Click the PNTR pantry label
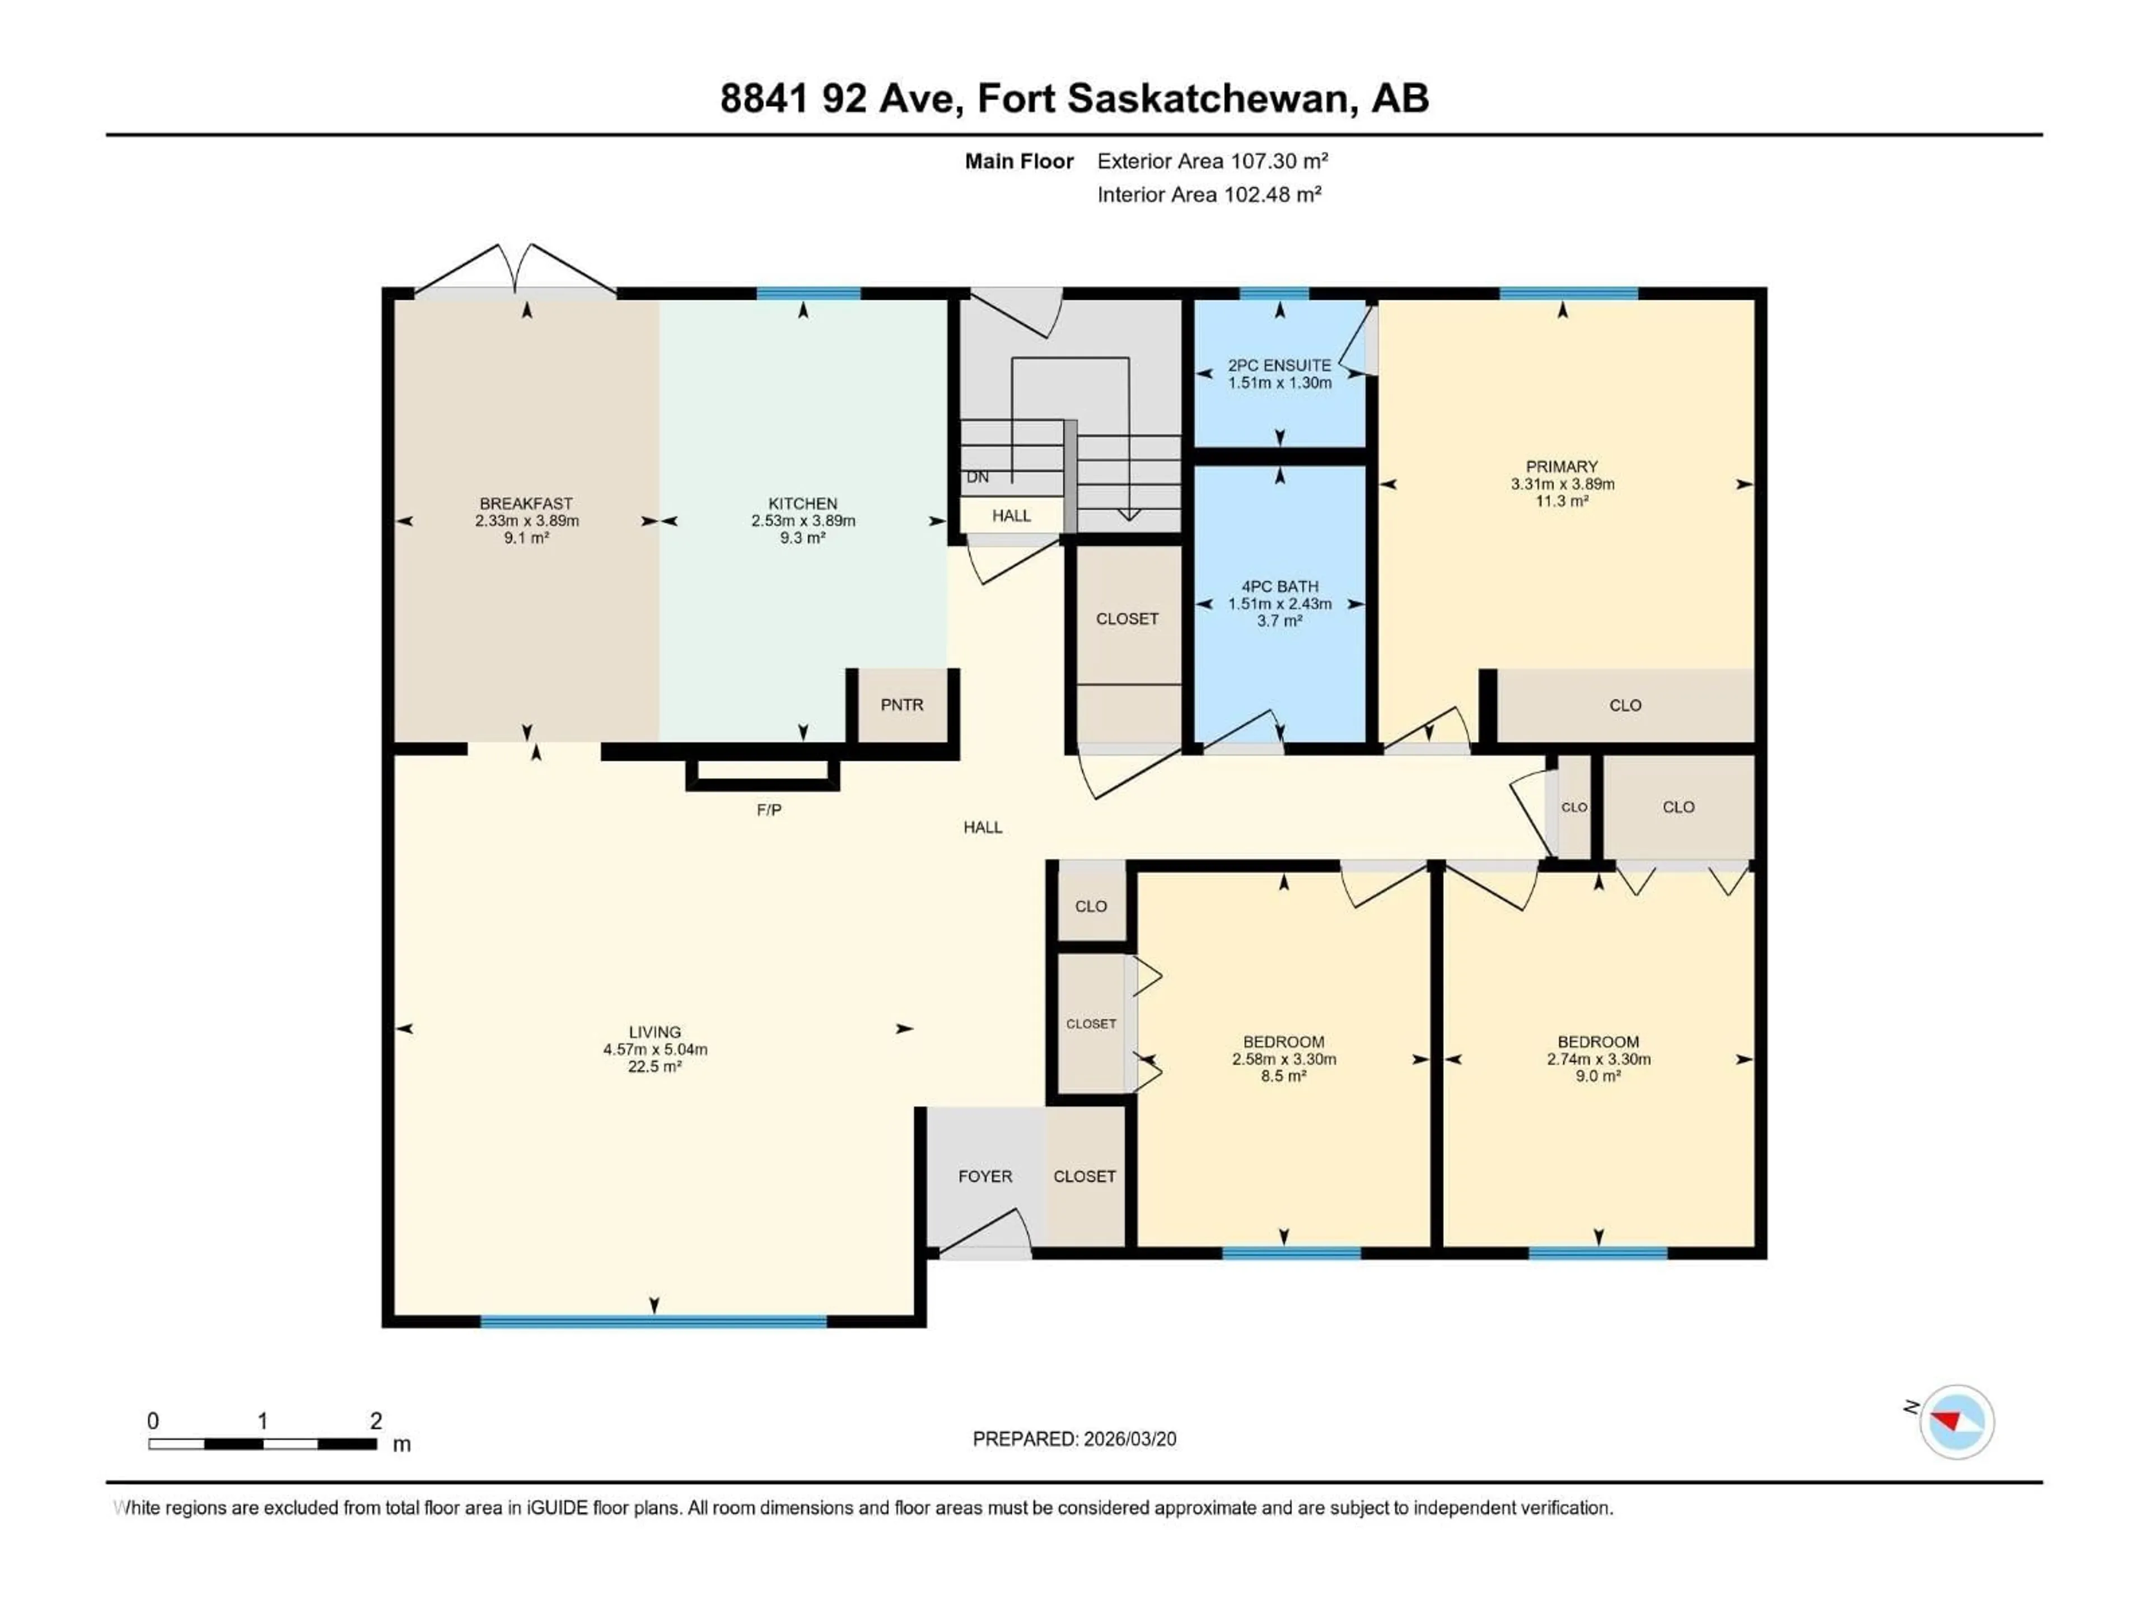(901, 705)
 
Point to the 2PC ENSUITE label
(1279, 366)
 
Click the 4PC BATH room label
(1279, 586)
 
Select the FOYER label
(985, 1177)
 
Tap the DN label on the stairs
(978, 477)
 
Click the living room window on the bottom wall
(653, 1321)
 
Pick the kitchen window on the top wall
(808, 293)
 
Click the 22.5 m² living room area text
(654, 1066)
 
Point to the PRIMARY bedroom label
(1561, 467)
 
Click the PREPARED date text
(1074, 1439)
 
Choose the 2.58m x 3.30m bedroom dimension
(1283, 1059)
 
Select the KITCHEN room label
(802, 504)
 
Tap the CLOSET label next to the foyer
(1084, 1177)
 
